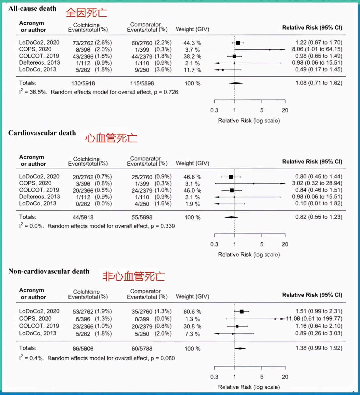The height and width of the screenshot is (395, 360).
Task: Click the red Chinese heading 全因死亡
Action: tap(86, 13)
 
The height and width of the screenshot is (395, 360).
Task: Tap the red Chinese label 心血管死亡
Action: tap(111, 138)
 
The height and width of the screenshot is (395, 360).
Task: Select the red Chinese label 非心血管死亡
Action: tap(134, 276)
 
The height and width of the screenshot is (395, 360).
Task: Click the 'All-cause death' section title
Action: tap(32, 8)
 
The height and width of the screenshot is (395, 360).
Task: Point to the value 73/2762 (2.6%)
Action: tap(92, 43)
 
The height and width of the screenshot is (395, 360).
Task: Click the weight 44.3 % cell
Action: tap(192, 43)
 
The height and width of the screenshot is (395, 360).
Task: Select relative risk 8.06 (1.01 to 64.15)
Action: tap(317, 49)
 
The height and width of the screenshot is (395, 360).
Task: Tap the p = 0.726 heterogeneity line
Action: tap(98, 92)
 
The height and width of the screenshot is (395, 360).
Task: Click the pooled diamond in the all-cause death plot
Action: tap(236, 83)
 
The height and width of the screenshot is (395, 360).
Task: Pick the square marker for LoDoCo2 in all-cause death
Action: tap(238, 43)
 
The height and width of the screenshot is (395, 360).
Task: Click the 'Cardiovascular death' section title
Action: tap(42, 133)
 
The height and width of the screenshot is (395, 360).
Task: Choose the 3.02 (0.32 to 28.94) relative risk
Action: tap(317, 183)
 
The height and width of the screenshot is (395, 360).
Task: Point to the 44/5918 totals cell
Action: tap(83, 217)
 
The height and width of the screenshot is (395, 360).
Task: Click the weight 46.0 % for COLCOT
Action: tap(192, 190)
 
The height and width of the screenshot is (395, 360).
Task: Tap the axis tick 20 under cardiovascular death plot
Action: tap(285, 244)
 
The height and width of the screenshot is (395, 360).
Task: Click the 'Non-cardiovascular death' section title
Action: tap(49, 271)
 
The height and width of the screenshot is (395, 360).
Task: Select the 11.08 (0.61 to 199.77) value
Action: tap(314, 319)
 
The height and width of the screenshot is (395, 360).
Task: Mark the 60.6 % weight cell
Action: tap(192, 312)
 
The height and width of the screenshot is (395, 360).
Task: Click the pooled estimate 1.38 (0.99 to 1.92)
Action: tap(319, 348)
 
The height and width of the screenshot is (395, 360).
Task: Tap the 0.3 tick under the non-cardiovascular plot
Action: tap(214, 377)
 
